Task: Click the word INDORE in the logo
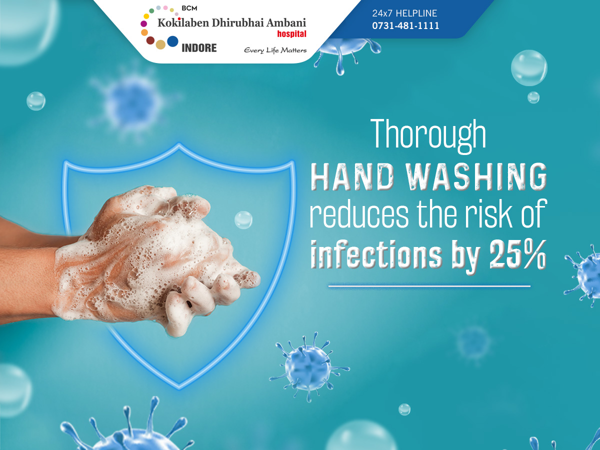(199, 48)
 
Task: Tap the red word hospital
(291, 34)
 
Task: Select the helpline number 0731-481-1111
(405, 25)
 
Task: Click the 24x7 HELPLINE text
(404, 13)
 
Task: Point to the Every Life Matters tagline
(275, 50)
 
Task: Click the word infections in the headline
(376, 254)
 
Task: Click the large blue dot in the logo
(173, 41)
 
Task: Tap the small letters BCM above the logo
(189, 8)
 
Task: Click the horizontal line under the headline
(429, 286)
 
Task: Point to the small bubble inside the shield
(243, 220)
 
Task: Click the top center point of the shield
(179, 145)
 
